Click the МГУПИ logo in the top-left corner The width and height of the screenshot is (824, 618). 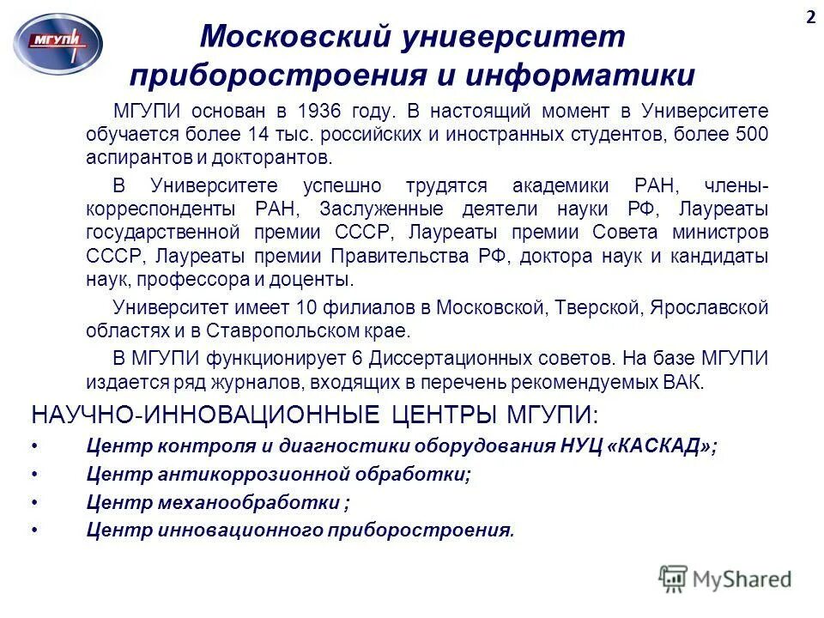pos(58,41)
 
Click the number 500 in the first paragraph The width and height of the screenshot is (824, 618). pos(752,135)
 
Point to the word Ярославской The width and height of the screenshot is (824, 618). pos(710,307)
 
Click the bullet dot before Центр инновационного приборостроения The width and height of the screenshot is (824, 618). pos(34,530)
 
